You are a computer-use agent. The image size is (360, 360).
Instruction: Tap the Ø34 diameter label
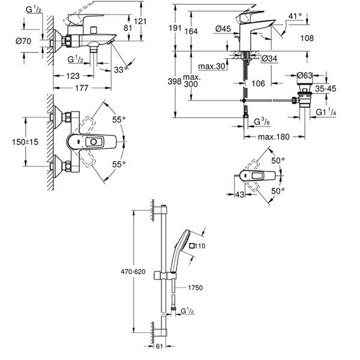tap(270, 58)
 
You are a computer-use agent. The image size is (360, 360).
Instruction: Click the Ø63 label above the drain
tap(306, 75)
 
